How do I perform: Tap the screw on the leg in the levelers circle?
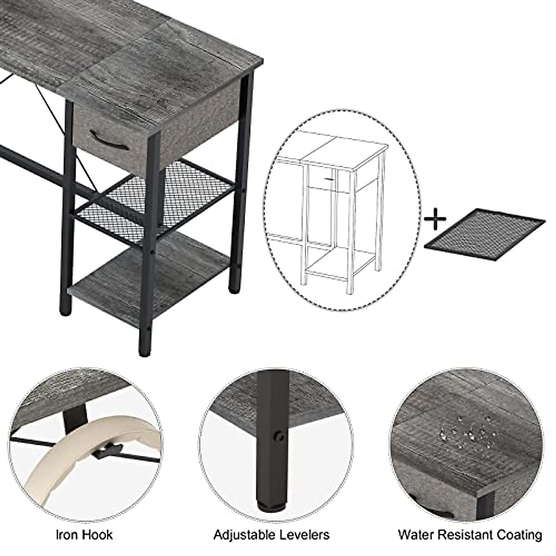point(279,436)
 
